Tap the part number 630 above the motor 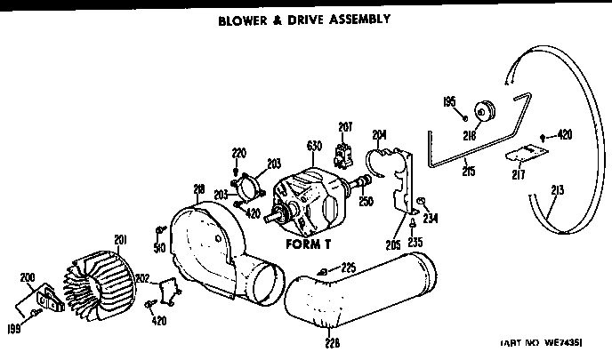point(312,147)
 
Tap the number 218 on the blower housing point(198,189)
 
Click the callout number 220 point(238,151)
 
